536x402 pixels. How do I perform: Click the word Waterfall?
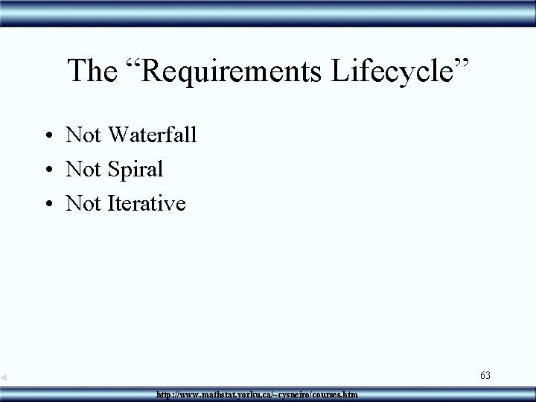tap(153, 135)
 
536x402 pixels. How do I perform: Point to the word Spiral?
tap(135, 169)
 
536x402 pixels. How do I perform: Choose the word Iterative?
tap(147, 202)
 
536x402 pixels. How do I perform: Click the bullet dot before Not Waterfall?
tap(47, 136)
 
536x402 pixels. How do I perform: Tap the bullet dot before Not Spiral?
tap(47, 170)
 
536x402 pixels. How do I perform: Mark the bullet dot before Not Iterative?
tap(47, 204)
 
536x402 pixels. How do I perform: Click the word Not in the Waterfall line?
tap(83, 135)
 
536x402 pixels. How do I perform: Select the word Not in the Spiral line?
tap(83, 169)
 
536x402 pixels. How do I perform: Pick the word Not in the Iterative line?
tap(83, 202)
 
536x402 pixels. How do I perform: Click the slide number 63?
tap(485, 375)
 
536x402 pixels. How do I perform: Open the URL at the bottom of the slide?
tap(257, 393)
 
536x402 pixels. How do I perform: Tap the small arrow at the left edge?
tap(4, 378)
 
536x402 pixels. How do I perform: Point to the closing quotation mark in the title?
tap(463, 64)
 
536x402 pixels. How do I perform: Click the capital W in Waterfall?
tap(120, 135)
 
